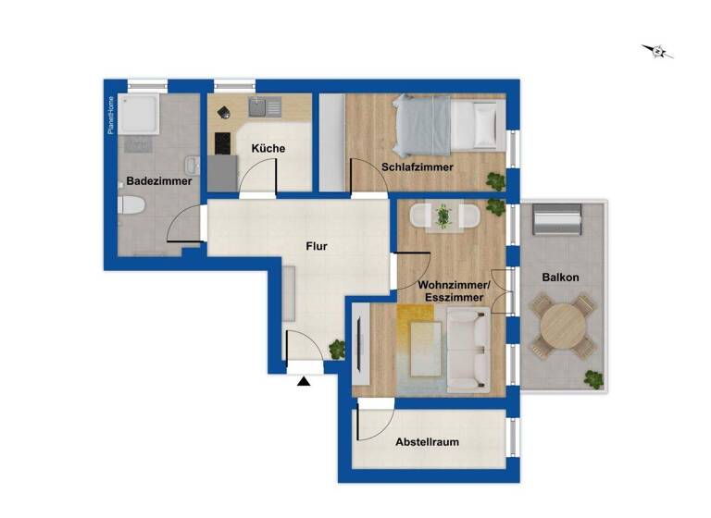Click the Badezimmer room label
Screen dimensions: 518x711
coord(159,181)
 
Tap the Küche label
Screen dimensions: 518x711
coord(267,148)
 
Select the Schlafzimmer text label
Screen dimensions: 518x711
coord(417,166)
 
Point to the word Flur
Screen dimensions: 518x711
coord(318,246)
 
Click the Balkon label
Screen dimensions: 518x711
coord(560,277)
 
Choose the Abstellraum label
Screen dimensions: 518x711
coord(427,442)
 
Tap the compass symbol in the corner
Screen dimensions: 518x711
coord(658,52)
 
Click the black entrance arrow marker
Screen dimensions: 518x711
coord(304,379)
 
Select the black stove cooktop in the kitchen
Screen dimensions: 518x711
coord(222,143)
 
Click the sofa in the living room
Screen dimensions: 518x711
coord(468,351)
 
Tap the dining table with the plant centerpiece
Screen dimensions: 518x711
coord(443,216)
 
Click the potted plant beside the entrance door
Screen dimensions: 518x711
coord(335,350)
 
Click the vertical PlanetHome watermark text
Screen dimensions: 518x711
coord(110,115)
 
